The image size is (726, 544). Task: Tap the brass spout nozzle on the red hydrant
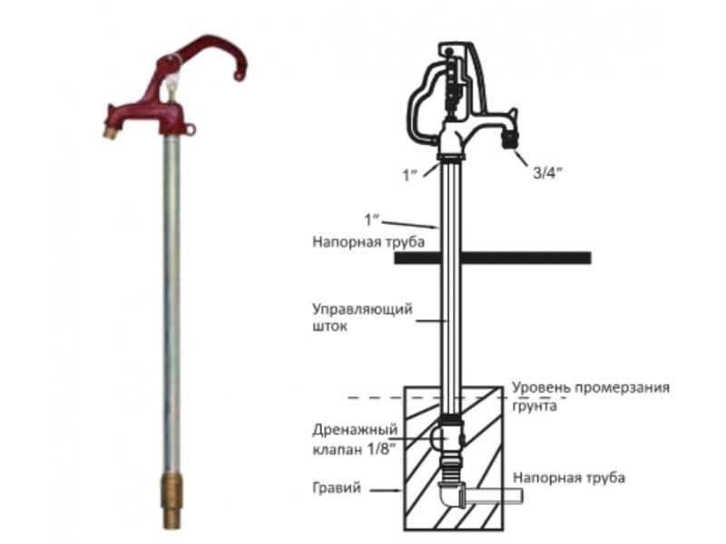(110, 132)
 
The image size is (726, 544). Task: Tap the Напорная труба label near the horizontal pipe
(569, 476)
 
